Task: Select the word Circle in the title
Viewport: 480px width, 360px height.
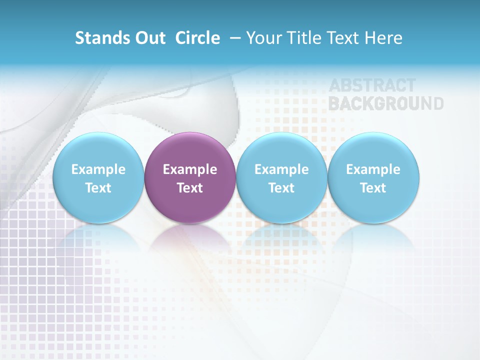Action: tap(197, 38)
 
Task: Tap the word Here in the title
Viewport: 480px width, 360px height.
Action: tap(383, 38)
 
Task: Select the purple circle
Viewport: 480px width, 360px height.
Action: tap(190, 150)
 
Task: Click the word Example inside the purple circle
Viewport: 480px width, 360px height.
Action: tap(190, 169)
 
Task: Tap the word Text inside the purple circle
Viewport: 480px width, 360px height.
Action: tap(190, 188)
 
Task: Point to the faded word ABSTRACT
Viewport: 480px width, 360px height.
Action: tap(372, 85)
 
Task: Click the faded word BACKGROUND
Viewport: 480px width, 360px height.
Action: tap(386, 103)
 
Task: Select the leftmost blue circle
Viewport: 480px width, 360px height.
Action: tap(98, 150)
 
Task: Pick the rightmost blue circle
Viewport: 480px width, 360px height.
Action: tap(373, 150)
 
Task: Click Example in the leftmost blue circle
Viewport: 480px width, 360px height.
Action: tap(98, 169)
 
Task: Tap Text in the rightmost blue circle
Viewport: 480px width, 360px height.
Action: tap(373, 188)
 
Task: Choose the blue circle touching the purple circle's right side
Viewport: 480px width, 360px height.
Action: tap(281, 150)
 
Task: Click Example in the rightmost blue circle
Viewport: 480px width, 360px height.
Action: tap(373, 169)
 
